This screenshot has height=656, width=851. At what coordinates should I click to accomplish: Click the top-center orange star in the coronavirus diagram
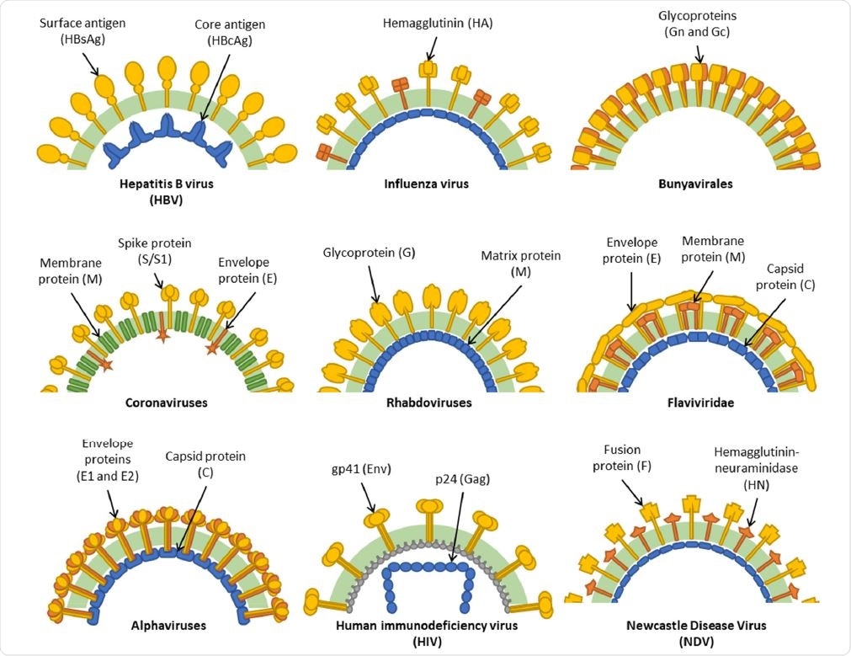pos(163,335)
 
